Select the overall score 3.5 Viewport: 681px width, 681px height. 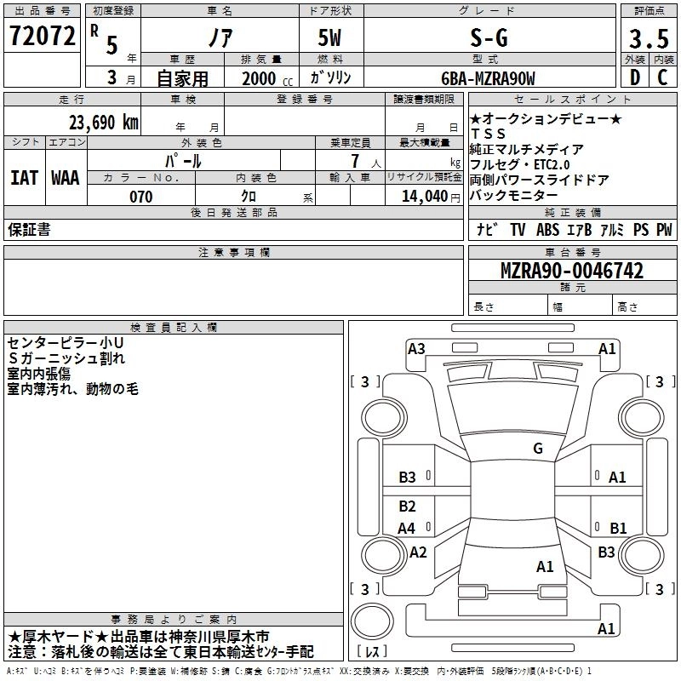pos(648,38)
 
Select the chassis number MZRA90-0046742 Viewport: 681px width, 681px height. pos(571,272)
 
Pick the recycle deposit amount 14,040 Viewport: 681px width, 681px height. pos(423,197)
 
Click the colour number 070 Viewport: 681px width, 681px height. pos(140,197)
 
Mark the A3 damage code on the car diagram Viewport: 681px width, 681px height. pos(416,348)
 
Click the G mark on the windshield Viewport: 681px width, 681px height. pos(537,449)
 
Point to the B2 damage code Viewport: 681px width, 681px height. pos(408,506)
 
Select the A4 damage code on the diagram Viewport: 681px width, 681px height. pos(408,528)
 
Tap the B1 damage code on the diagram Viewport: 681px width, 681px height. pos(618,528)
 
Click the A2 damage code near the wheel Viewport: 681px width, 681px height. pos(418,552)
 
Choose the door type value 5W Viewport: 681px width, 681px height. pos(332,38)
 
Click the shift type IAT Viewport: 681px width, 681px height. pos(23,178)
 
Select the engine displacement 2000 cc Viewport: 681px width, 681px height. pos(260,79)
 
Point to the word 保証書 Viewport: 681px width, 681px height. pos(30,229)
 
